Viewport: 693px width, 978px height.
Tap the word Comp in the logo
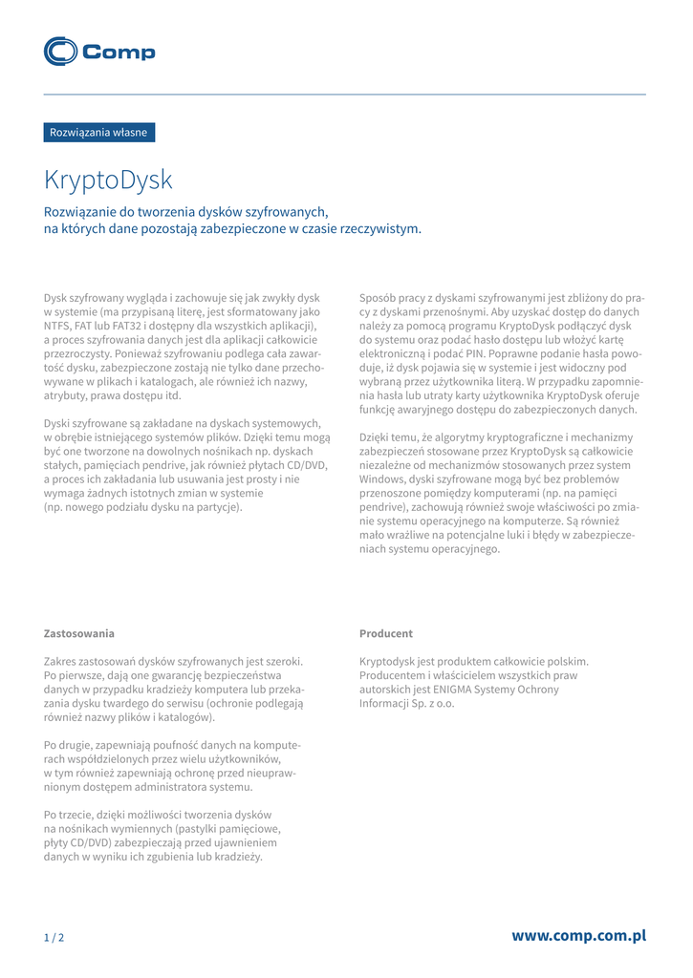pos(119,53)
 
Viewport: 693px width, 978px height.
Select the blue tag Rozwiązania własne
pos(99,133)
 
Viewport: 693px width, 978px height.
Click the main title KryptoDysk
pos(108,180)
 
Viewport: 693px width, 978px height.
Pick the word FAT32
pos(135,325)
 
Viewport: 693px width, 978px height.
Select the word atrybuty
pos(68,395)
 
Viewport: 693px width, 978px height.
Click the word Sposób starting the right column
pos(379,298)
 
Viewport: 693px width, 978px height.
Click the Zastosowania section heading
pos(79,633)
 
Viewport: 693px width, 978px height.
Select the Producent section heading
pos(386,633)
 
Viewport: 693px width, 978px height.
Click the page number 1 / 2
pos(54,938)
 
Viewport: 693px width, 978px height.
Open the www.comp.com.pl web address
pos(578,936)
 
